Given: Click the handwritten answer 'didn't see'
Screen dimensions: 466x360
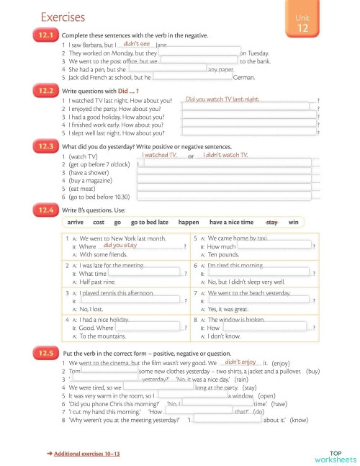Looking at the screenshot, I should (137, 44).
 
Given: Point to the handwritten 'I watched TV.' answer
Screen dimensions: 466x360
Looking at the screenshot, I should (158, 155).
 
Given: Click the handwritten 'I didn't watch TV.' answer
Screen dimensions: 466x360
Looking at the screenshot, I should (225, 155).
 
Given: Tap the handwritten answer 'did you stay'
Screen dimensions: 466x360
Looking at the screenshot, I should (120, 246).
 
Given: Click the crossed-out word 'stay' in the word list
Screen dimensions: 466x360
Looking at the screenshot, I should (272, 223).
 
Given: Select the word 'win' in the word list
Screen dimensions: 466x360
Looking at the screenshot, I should (293, 223).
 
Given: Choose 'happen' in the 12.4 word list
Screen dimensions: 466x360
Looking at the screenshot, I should (189, 223).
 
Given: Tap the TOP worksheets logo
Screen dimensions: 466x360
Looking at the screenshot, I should (335, 456).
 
